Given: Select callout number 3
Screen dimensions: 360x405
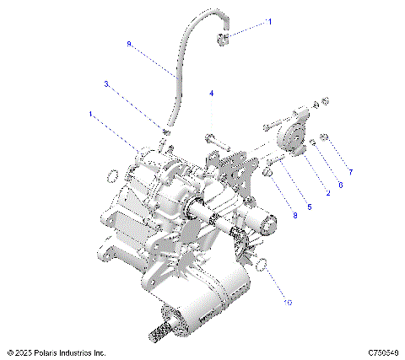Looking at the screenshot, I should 106,83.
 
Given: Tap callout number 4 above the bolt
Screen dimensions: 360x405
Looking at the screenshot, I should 212,93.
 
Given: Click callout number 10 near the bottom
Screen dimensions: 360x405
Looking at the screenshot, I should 288,301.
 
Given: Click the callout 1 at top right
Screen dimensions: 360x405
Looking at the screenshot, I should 270,24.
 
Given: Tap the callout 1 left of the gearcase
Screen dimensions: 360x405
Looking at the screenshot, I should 90,112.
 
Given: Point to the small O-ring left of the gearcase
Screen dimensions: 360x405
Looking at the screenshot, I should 111,175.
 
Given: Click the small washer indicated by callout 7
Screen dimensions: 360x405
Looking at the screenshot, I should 325,137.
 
